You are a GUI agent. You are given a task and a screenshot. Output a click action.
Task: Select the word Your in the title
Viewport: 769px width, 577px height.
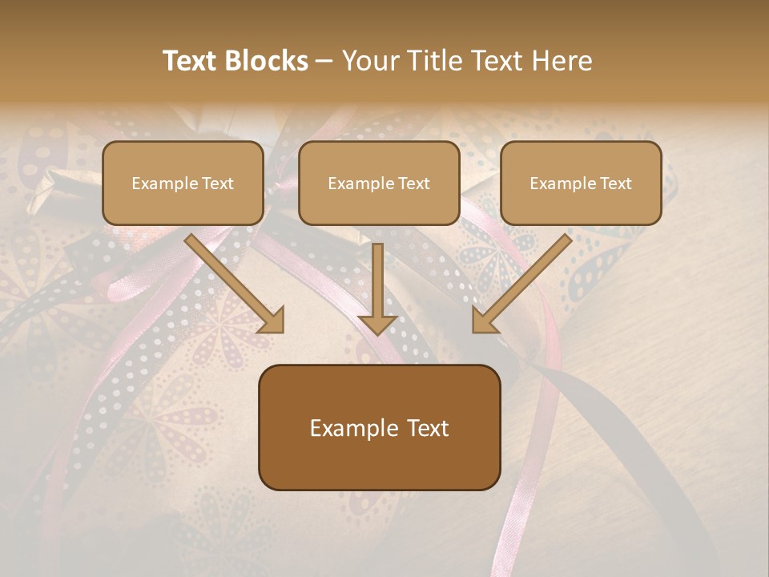pos(369,61)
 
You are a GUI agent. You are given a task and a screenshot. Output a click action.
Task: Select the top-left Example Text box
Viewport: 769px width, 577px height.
pos(183,183)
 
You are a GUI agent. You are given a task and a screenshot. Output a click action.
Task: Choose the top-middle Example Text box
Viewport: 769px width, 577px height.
pos(379,183)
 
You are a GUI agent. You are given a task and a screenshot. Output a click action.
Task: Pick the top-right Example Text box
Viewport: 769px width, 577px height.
pos(581,183)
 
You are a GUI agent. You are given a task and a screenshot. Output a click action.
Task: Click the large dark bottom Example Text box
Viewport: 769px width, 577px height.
pos(379,427)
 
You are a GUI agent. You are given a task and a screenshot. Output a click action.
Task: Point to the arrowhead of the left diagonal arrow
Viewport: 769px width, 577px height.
pos(272,320)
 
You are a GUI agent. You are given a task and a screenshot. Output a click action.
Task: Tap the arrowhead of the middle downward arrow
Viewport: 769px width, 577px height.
pos(377,324)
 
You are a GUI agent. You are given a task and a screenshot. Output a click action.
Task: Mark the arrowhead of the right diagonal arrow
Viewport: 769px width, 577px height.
pos(484,320)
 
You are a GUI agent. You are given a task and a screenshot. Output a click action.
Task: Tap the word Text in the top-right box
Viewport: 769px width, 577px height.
pos(615,184)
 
